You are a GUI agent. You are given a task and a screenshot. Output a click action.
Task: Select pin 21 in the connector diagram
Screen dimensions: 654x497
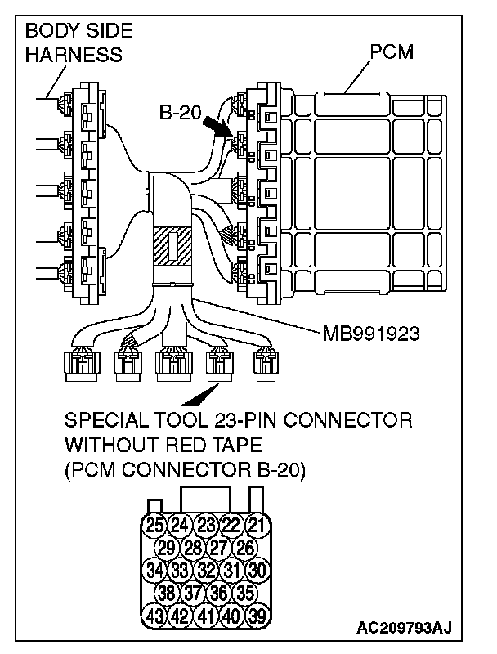click(257, 524)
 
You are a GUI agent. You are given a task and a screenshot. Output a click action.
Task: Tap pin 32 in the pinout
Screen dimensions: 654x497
click(206, 568)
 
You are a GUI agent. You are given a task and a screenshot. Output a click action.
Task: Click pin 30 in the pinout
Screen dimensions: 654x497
click(257, 568)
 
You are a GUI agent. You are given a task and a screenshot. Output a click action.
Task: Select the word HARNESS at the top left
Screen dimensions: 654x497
click(74, 56)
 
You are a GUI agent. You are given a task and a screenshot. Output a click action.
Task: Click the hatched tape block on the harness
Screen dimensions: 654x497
click(172, 245)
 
